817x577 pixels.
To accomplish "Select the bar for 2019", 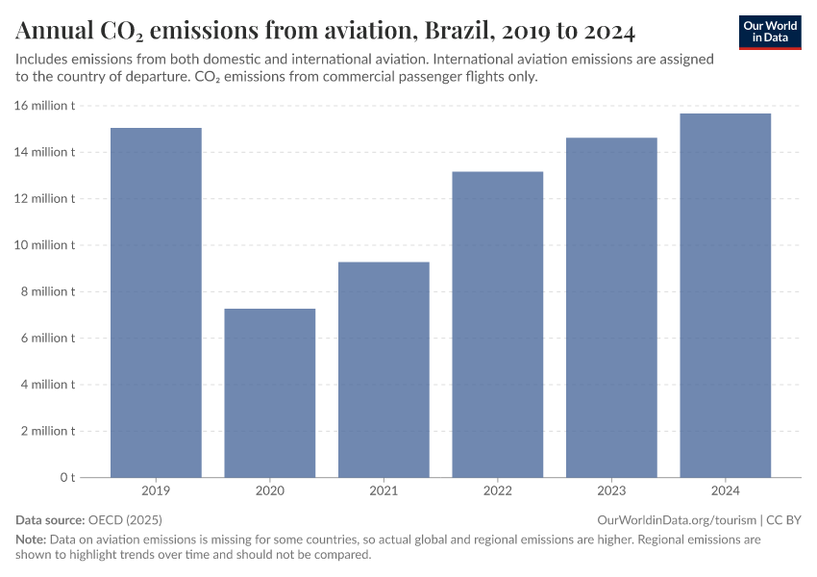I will point(156,302).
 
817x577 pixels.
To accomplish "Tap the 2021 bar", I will point(384,369).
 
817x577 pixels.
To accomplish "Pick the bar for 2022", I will point(497,324).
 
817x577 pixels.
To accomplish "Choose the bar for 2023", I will point(611,307).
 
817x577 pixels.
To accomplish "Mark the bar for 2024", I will point(725,295).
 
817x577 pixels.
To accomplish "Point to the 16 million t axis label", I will point(45,106).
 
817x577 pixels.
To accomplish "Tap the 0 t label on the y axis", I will point(67,477).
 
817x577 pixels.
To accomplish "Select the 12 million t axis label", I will point(45,199).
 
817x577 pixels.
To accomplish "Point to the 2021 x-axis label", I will point(384,491).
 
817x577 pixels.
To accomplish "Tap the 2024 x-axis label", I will point(725,491).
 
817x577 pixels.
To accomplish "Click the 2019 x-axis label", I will point(156,491).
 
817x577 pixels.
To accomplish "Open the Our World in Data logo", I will point(770,32).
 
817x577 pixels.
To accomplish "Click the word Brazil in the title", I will point(452,32).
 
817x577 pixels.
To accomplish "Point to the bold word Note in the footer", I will point(30,539).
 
